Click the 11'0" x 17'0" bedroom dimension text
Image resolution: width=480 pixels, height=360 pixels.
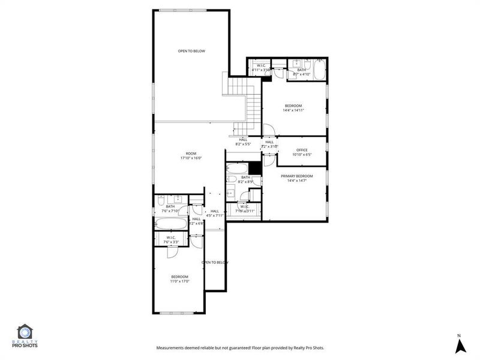click(179, 281)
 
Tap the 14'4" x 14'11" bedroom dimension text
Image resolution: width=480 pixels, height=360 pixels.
click(293, 110)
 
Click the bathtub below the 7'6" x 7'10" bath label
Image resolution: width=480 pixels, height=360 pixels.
click(172, 224)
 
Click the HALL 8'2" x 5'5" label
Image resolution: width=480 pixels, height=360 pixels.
click(242, 142)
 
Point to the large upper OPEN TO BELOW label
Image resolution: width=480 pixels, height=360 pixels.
click(191, 51)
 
